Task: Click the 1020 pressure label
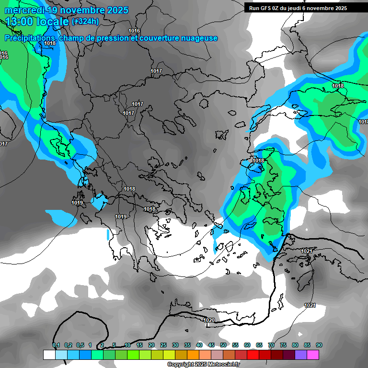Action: point(209,320)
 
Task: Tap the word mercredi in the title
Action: point(26,10)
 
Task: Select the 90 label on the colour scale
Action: point(319,345)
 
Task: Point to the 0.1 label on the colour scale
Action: point(56,345)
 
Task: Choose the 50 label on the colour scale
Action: point(223,345)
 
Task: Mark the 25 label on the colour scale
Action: point(163,345)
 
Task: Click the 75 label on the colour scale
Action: point(283,345)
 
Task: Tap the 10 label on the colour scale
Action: point(127,345)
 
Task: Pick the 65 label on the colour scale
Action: point(259,345)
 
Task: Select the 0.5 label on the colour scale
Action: point(80,345)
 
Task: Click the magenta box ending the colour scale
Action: point(313,355)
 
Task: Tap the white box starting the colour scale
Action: point(49,355)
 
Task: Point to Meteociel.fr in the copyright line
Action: point(222,365)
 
